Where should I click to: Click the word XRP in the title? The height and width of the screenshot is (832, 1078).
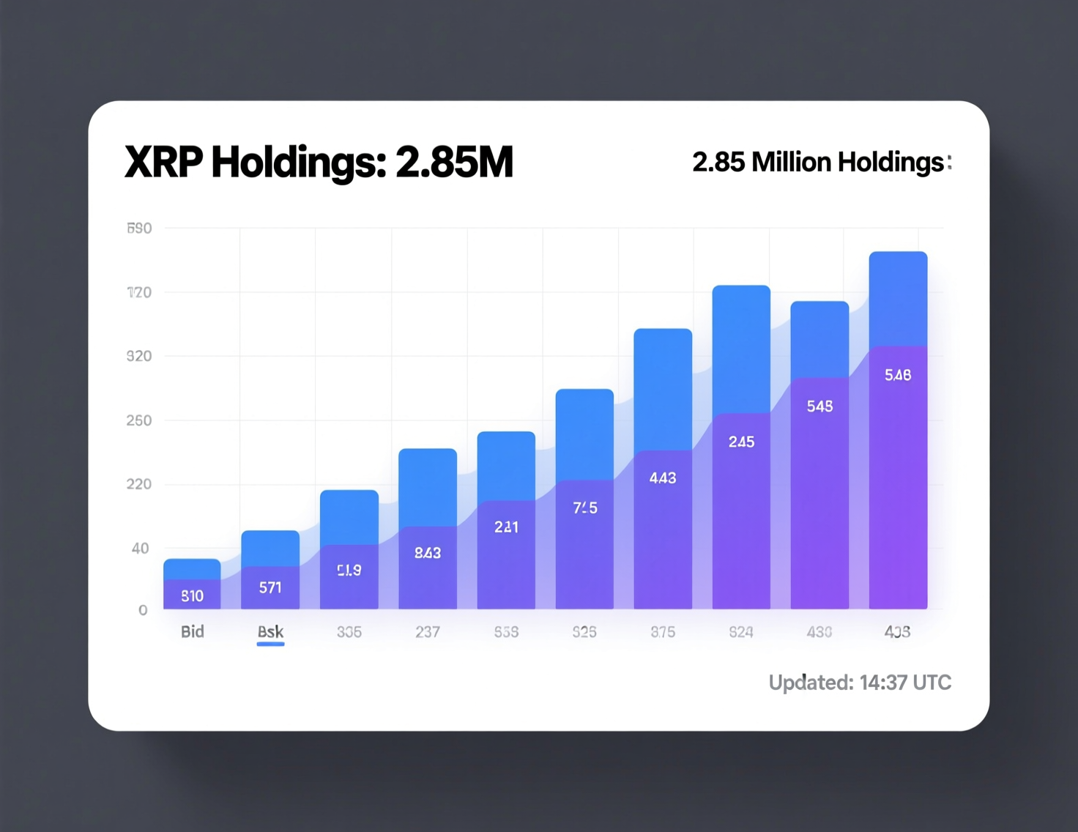pos(163,162)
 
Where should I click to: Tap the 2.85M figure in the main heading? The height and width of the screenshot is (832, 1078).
pos(454,162)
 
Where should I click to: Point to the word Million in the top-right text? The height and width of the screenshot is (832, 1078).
pos(791,162)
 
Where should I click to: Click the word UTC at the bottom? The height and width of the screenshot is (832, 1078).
pos(932,683)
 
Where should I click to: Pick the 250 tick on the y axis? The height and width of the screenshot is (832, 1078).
pos(139,420)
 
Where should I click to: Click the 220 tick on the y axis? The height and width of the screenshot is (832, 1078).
pos(139,484)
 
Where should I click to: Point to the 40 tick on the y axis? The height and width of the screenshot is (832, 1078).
pos(141,548)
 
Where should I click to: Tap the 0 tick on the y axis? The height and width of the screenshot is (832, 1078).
pos(143,610)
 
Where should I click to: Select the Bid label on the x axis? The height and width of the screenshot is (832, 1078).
pos(193,631)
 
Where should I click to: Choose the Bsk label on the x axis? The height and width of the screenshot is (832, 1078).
pos(270,631)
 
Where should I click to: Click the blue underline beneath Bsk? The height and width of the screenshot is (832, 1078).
pos(270,645)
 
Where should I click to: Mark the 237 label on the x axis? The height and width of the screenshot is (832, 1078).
pos(428,631)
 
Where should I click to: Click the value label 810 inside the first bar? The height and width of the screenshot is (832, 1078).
pos(193,595)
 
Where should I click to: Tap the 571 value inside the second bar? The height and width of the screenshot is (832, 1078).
pos(270,587)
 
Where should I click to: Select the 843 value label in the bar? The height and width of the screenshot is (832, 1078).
pos(428,553)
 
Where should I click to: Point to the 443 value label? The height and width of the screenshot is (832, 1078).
pos(663,478)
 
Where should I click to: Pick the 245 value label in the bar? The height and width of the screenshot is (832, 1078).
pos(741,442)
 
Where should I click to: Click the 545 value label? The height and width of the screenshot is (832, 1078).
pos(819,406)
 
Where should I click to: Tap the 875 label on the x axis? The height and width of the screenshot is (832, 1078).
pos(663,631)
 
